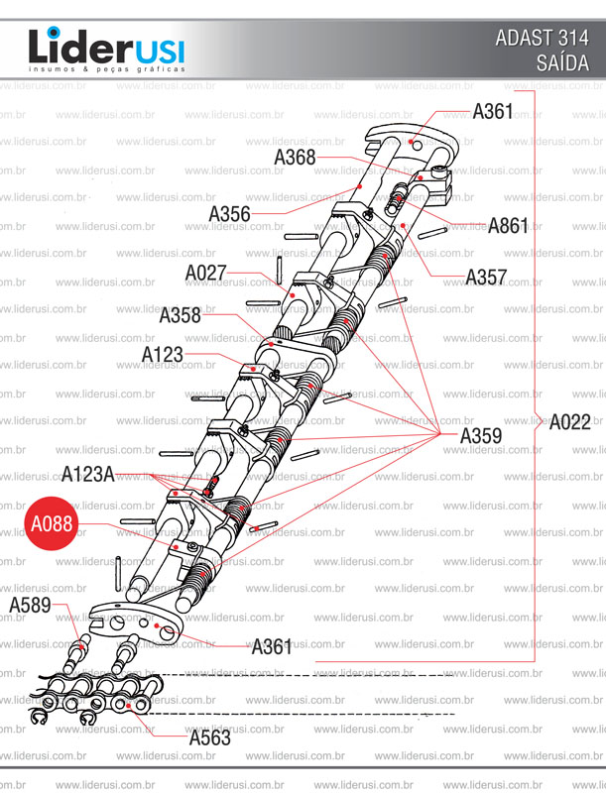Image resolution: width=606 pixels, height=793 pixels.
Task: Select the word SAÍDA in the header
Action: (561, 63)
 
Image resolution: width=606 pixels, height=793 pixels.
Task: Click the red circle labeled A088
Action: (51, 523)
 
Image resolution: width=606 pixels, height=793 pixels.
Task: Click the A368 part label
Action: (295, 157)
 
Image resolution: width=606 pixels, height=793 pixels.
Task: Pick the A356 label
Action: (229, 214)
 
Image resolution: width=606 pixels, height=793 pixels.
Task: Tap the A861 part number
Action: (508, 225)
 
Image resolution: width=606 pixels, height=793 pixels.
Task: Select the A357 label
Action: (487, 277)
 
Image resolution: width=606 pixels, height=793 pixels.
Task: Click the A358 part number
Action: (180, 316)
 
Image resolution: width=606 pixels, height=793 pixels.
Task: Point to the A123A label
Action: (88, 473)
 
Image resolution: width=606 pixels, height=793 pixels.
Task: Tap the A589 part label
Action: (30, 605)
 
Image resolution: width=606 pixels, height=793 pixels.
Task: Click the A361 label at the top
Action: (493, 111)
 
